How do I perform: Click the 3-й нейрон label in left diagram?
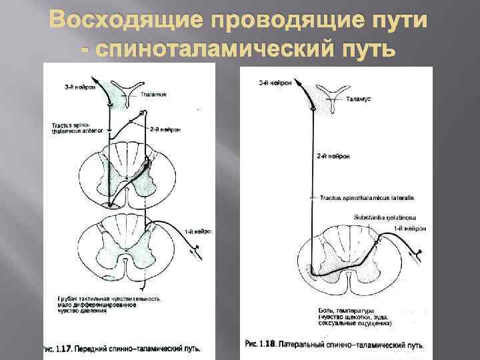click(x=81, y=86)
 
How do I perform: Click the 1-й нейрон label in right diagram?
click(x=406, y=229)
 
